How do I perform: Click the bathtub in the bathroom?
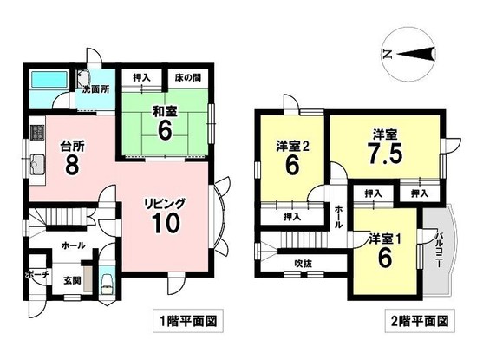pyautogui.click(x=49, y=80)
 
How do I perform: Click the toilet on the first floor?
pyautogui.click(x=107, y=285)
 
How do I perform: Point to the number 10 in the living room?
pyautogui.click(x=166, y=224)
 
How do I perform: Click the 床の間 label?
pyautogui.click(x=188, y=77)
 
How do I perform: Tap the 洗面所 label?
pyautogui.click(x=95, y=89)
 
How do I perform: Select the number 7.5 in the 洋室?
pyautogui.click(x=385, y=154)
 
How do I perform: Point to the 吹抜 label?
pyautogui.click(x=304, y=264)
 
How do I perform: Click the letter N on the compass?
pyautogui.click(x=388, y=55)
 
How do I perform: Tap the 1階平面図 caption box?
pyautogui.click(x=188, y=321)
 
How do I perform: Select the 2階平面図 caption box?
pyautogui.click(x=420, y=321)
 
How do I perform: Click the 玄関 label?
pyautogui.click(x=72, y=281)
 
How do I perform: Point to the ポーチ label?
pyautogui.click(x=37, y=274)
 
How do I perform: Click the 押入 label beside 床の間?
pyautogui.click(x=141, y=77)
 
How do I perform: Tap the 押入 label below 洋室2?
pyautogui.click(x=292, y=217)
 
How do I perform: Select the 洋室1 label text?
pyautogui.click(x=385, y=239)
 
